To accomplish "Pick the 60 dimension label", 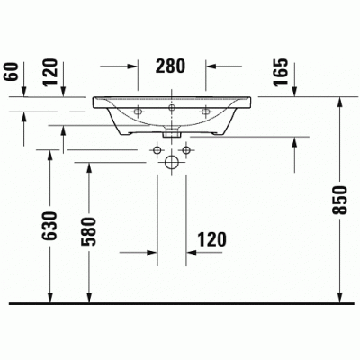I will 12,71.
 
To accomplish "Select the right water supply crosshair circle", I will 188,147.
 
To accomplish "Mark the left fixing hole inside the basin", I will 140,112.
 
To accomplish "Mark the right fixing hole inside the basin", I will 206,112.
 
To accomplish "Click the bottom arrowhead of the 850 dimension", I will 340,296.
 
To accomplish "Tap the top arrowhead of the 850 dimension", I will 340,100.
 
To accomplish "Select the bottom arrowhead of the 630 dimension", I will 50,296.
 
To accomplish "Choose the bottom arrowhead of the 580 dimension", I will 89,296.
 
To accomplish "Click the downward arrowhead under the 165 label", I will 297,89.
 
